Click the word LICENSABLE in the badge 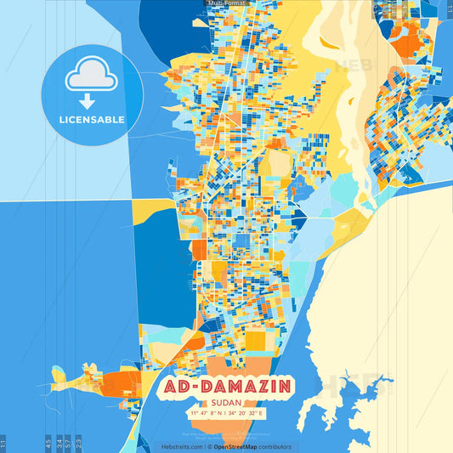coord(92,120)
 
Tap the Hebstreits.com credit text coord(182,446)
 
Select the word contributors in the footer coord(276,446)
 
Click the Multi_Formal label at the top coord(226,3)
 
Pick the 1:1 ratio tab coord(3,444)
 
